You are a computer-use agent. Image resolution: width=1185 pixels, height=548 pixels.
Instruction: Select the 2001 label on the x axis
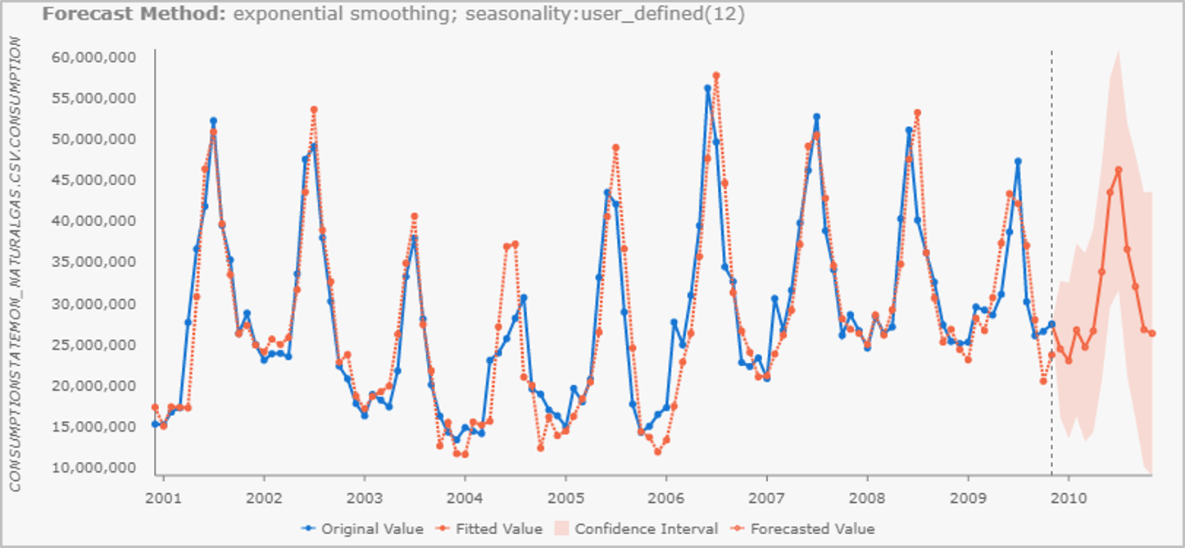coord(164,498)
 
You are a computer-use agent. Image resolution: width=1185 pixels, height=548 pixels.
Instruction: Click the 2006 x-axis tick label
coord(666,498)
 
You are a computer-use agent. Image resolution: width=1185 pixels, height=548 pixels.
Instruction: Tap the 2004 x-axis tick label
coord(465,498)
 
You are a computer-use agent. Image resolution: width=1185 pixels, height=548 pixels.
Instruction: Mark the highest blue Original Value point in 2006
coord(707,88)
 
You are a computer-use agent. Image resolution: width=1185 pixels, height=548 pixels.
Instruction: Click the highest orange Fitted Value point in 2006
coord(716,75)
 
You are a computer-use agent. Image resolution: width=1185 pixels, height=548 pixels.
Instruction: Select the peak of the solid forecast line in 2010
coord(1119,170)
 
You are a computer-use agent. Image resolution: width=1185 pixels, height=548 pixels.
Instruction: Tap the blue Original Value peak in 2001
coord(213,121)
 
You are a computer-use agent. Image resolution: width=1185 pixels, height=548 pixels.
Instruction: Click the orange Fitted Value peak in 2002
coord(314,110)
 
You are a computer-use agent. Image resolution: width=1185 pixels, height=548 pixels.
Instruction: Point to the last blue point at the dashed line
coord(1051,324)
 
